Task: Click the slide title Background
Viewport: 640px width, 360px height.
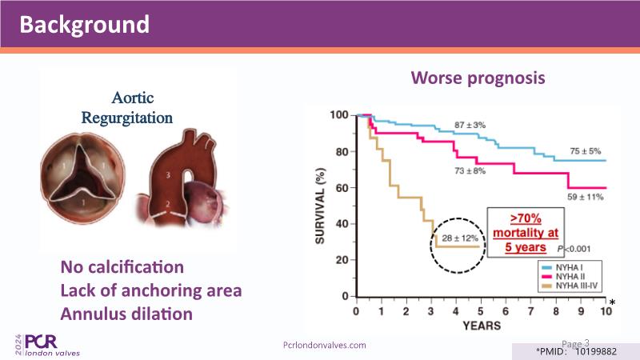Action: coord(84,24)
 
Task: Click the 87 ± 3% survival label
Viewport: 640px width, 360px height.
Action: coord(471,126)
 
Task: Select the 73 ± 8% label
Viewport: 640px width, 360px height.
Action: coord(470,170)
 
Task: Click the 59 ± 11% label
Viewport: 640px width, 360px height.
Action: coord(585,197)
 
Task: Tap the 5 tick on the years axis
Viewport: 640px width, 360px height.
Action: coord(480,310)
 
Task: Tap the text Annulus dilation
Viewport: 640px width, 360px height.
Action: coord(126,314)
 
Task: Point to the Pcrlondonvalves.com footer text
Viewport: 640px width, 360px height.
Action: coord(325,345)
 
